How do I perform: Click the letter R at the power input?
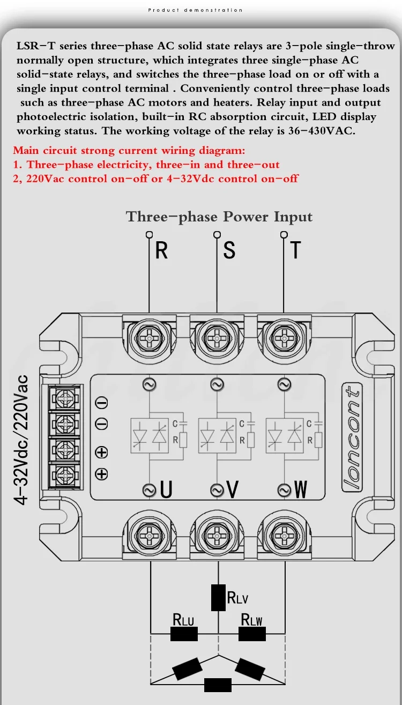tap(161, 250)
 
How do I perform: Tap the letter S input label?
tap(229, 250)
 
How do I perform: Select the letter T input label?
tap(295, 250)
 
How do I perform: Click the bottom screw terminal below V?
tap(217, 536)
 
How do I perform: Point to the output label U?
tap(167, 489)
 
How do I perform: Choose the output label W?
tap(301, 489)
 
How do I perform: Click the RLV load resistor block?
tap(218, 598)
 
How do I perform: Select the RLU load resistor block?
tap(184, 634)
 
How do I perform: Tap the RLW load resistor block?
tap(252, 634)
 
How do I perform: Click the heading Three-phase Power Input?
tap(219, 217)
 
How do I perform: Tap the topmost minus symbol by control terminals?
tap(101, 403)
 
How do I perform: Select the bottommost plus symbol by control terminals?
tap(101, 473)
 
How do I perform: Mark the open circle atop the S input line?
tap(217, 234)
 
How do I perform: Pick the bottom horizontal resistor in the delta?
tap(218, 685)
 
